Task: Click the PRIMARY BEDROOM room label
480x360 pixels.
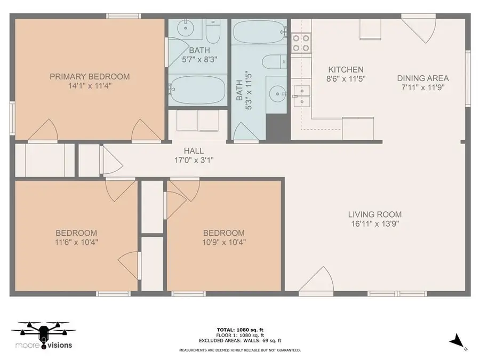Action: (x=90, y=76)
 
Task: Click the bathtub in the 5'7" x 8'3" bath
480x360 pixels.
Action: (x=198, y=90)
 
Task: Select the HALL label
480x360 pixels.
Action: (x=194, y=151)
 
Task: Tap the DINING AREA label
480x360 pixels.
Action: (x=422, y=78)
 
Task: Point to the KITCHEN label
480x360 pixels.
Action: (x=346, y=69)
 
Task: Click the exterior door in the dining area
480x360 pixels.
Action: (x=419, y=29)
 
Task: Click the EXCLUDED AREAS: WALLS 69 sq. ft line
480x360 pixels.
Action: (x=239, y=340)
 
